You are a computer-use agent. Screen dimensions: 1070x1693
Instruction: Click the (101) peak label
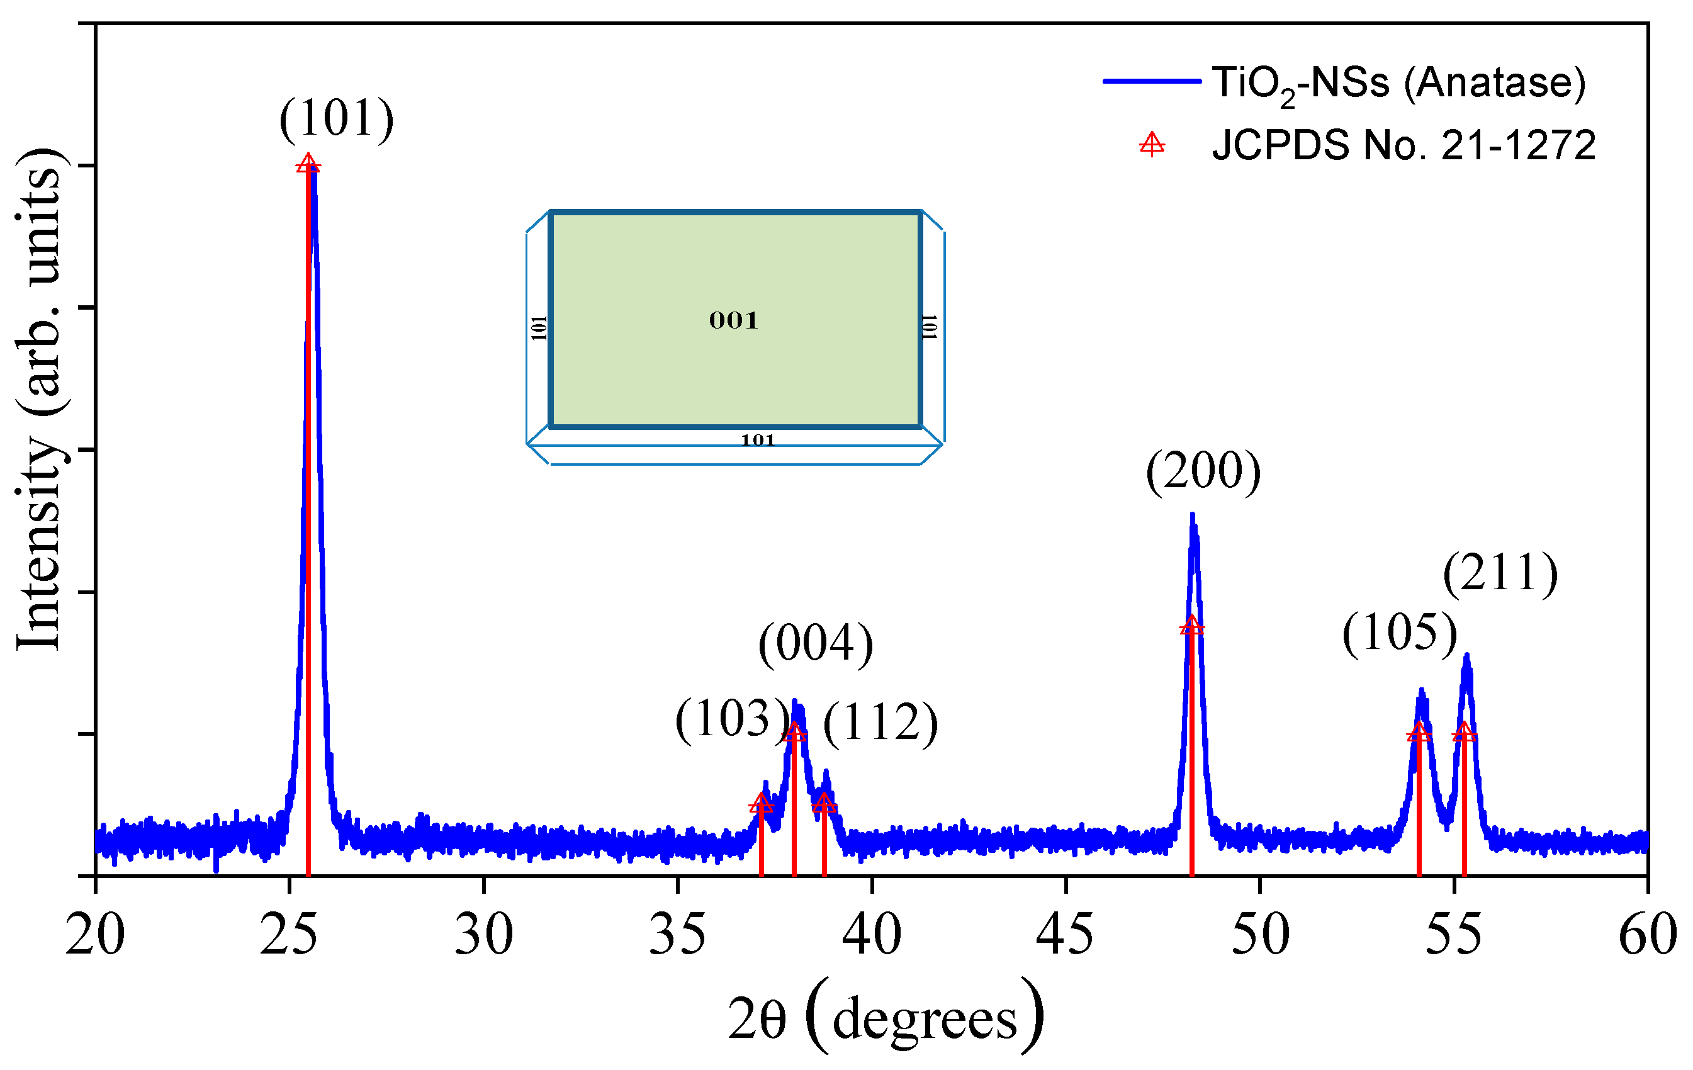336,118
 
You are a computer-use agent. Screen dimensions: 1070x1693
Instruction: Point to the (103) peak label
732,719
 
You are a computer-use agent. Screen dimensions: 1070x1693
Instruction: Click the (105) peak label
1399,633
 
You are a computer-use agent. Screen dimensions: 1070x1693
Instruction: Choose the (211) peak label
1500,573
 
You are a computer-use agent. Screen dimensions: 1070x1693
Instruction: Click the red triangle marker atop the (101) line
308,164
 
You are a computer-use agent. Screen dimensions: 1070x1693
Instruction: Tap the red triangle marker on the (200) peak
1191,625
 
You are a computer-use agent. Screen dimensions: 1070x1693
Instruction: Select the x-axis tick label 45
1065,935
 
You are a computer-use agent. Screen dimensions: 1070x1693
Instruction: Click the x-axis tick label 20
95,935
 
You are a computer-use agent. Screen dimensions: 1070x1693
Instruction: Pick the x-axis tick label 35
677,935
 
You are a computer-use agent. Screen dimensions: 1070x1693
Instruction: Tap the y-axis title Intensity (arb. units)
42,401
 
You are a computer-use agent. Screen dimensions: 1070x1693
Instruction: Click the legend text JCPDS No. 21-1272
1403,145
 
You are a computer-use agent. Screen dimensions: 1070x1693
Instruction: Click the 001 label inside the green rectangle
733,320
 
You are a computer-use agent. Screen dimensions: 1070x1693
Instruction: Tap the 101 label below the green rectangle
757,441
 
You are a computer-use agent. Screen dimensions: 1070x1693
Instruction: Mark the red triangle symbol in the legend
1152,145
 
